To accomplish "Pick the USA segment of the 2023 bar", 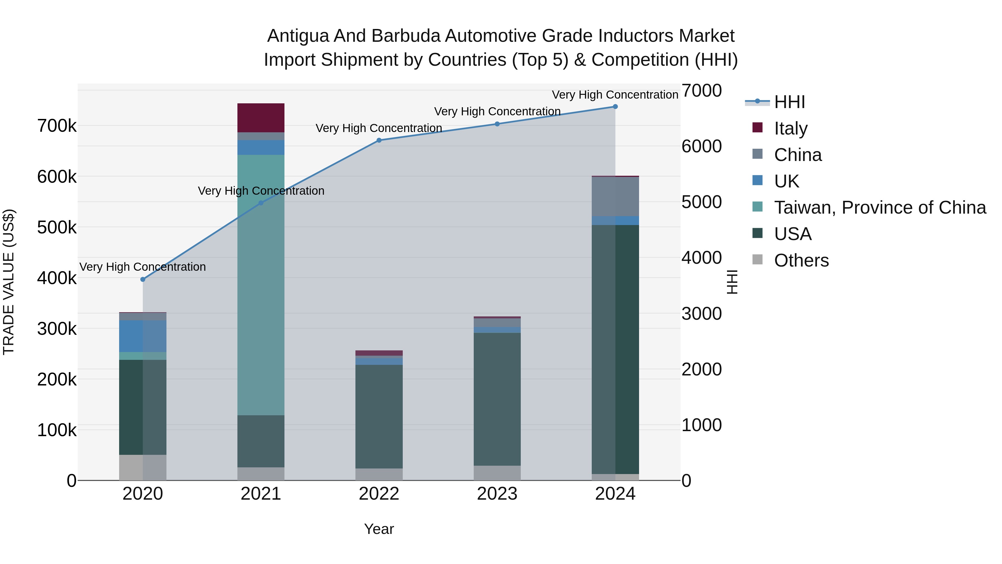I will [x=497, y=399].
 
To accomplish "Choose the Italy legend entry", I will [x=790, y=128].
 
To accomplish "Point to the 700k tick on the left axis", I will [x=57, y=126].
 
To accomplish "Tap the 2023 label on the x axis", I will [x=497, y=494].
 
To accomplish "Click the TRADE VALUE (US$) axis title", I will [x=9, y=282].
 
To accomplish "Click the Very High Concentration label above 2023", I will [x=497, y=111].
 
